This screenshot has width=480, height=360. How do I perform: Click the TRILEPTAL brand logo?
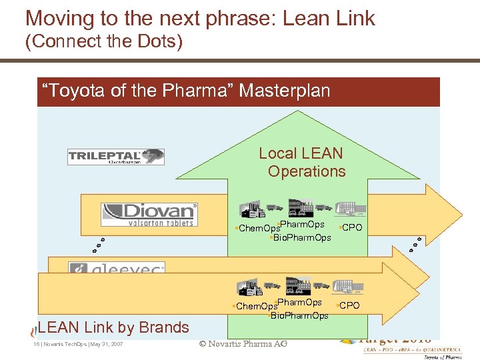tap(116, 157)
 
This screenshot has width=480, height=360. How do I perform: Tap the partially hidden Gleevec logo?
tap(117, 269)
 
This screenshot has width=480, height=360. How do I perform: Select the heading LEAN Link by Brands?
tap(114, 327)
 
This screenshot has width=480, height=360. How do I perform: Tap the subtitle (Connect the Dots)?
tap(103, 43)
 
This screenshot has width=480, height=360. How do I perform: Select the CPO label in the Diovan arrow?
tap(351, 228)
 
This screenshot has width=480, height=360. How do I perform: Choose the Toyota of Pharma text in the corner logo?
tap(443, 356)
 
